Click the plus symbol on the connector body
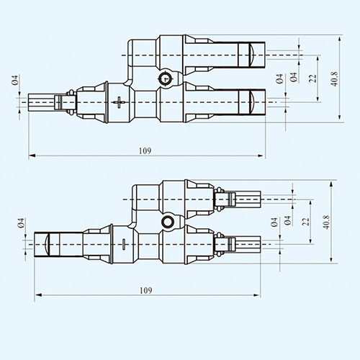[119, 102]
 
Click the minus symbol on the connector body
[124, 244]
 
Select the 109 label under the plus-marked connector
[145, 150]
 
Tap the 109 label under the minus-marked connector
[146, 290]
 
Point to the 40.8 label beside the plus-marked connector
[334, 78]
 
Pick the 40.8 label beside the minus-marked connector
[326, 222]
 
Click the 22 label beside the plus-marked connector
[312, 78]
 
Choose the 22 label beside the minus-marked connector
[305, 222]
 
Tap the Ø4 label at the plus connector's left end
[14, 80]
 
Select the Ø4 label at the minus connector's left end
[21, 223]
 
